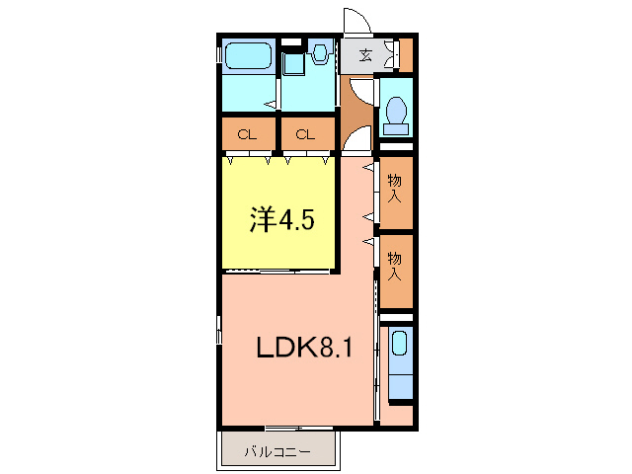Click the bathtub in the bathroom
pyautogui.click(x=247, y=55)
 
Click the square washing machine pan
pyautogui.click(x=292, y=65)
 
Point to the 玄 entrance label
pyautogui.click(x=365, y=55)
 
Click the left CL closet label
pyautogui.click(x=247, y=134)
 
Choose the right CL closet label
pyautogui.click(x=306, y=134)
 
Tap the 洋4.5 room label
pyautogui.click(x=281, y=219)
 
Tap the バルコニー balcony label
pyautogui.click(x=278, y=452)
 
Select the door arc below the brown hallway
pyautogui.click(x=357, y=139)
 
